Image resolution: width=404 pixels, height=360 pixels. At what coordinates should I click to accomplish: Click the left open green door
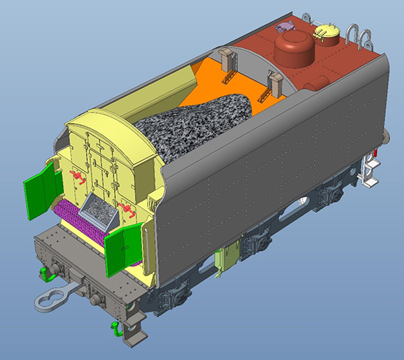pos(41,189)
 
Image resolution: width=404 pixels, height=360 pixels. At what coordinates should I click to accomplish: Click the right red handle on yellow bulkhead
pos(128,210)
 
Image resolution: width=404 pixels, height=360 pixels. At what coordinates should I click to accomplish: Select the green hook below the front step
pos(115,330)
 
